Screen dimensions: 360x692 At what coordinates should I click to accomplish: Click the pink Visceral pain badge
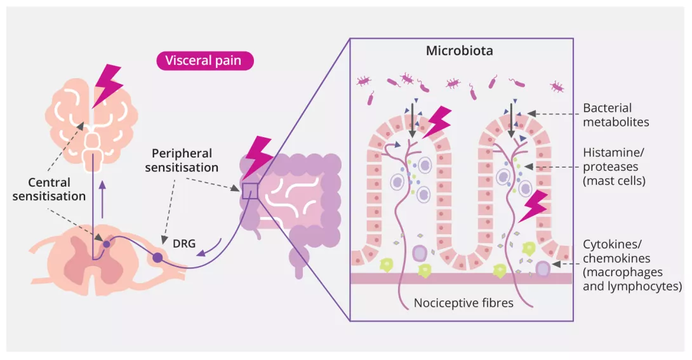coord(205,61)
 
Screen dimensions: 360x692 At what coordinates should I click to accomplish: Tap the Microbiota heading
coord(459,51)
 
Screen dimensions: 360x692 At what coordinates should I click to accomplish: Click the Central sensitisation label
coord(49,189)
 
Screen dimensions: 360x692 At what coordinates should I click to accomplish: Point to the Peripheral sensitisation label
coord(182,161)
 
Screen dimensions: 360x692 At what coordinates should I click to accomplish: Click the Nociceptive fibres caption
coord(463,303)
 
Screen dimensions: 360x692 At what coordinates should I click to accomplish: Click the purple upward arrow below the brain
coord(102,191)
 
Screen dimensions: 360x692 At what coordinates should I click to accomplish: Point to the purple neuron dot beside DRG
coord(157,258)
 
